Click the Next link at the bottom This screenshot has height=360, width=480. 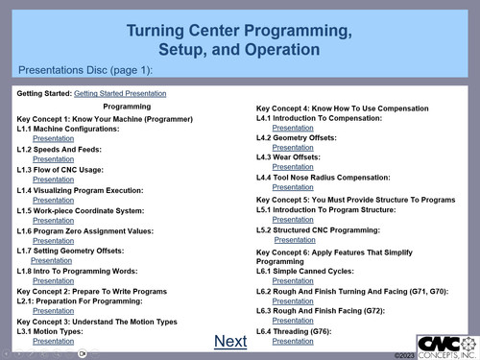click(x=230, y=341)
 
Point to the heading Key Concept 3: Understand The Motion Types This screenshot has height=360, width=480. click(x=97, y=321)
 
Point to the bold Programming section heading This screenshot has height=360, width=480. click(x=127, y=107)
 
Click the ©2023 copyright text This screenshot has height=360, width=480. click(x=404, y=354)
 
